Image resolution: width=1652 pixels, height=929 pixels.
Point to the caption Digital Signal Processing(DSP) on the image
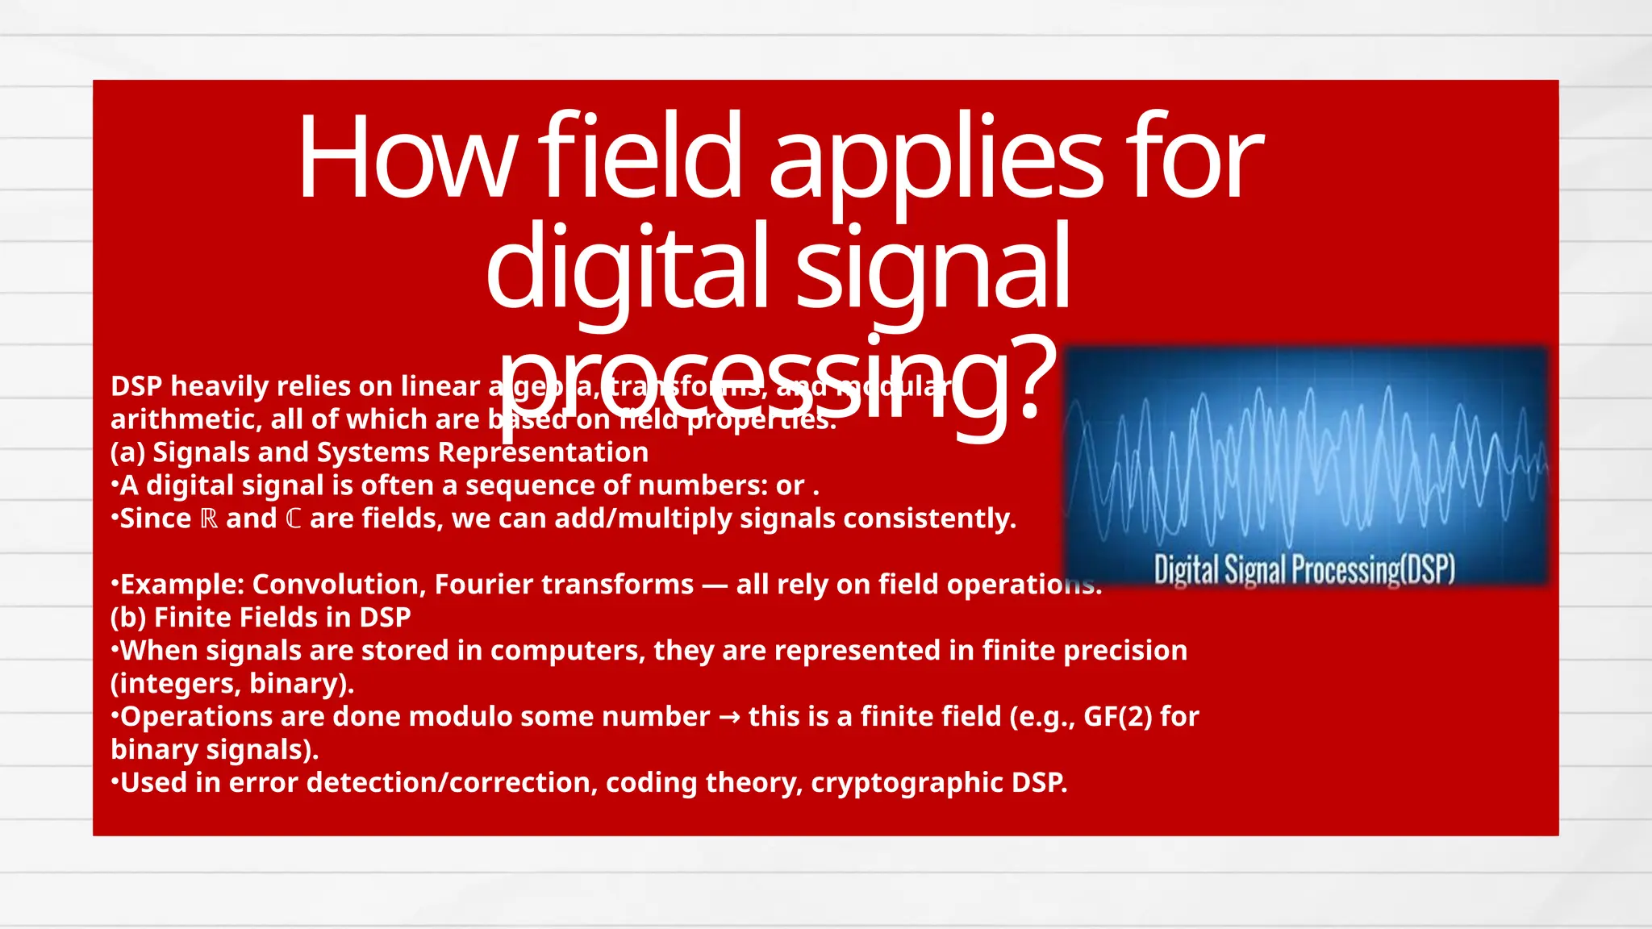click(x=1304, y=569)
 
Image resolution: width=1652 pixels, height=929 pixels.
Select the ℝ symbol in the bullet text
click(x=209, y=519)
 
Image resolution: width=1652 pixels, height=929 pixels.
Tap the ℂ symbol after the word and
click(x=294, y=519)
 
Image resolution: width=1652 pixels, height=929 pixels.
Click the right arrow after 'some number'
click(x=729, y=717)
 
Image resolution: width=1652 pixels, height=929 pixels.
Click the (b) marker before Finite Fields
click(x=128, y=618)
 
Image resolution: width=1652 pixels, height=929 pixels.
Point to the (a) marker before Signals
click(x=127, y=452)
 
